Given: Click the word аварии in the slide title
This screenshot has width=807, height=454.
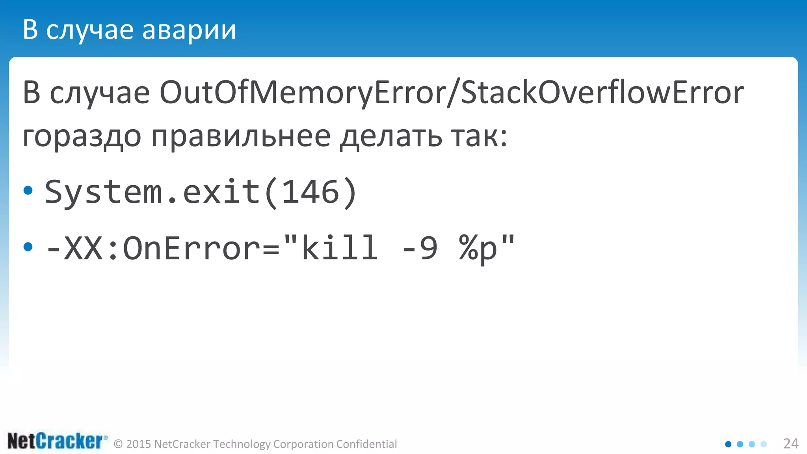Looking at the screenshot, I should coord(189,30).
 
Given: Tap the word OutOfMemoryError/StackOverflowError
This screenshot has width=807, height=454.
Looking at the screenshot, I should coord(452,93).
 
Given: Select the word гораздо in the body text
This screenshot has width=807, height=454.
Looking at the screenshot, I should coord(82,137).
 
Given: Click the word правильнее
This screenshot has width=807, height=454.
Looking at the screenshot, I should coord(241,137).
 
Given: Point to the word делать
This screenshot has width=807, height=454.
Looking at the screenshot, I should coord(391,137).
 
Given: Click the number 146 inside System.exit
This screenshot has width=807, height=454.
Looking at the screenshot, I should coord(311,192).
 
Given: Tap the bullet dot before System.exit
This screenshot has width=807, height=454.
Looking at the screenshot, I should coord(28,191).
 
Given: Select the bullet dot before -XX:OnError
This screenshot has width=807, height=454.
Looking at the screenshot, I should coord(28,247).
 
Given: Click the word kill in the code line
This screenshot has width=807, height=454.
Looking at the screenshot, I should coord(339,248).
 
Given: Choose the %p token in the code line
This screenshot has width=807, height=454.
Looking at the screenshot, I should coord(478,248).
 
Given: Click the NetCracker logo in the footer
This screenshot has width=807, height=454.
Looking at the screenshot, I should coord(56,441).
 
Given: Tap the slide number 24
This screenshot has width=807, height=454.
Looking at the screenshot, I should coord(790,444).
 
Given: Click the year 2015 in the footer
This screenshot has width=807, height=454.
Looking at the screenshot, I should coord(139,444).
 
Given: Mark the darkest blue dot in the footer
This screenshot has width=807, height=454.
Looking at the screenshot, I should coord(728,444).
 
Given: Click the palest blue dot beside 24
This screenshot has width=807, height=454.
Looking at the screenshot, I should coord(764,444).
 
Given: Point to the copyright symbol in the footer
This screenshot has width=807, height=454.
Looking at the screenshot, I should coord(118,445).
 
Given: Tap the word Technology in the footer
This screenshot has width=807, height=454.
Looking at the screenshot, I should coord(242,444).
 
